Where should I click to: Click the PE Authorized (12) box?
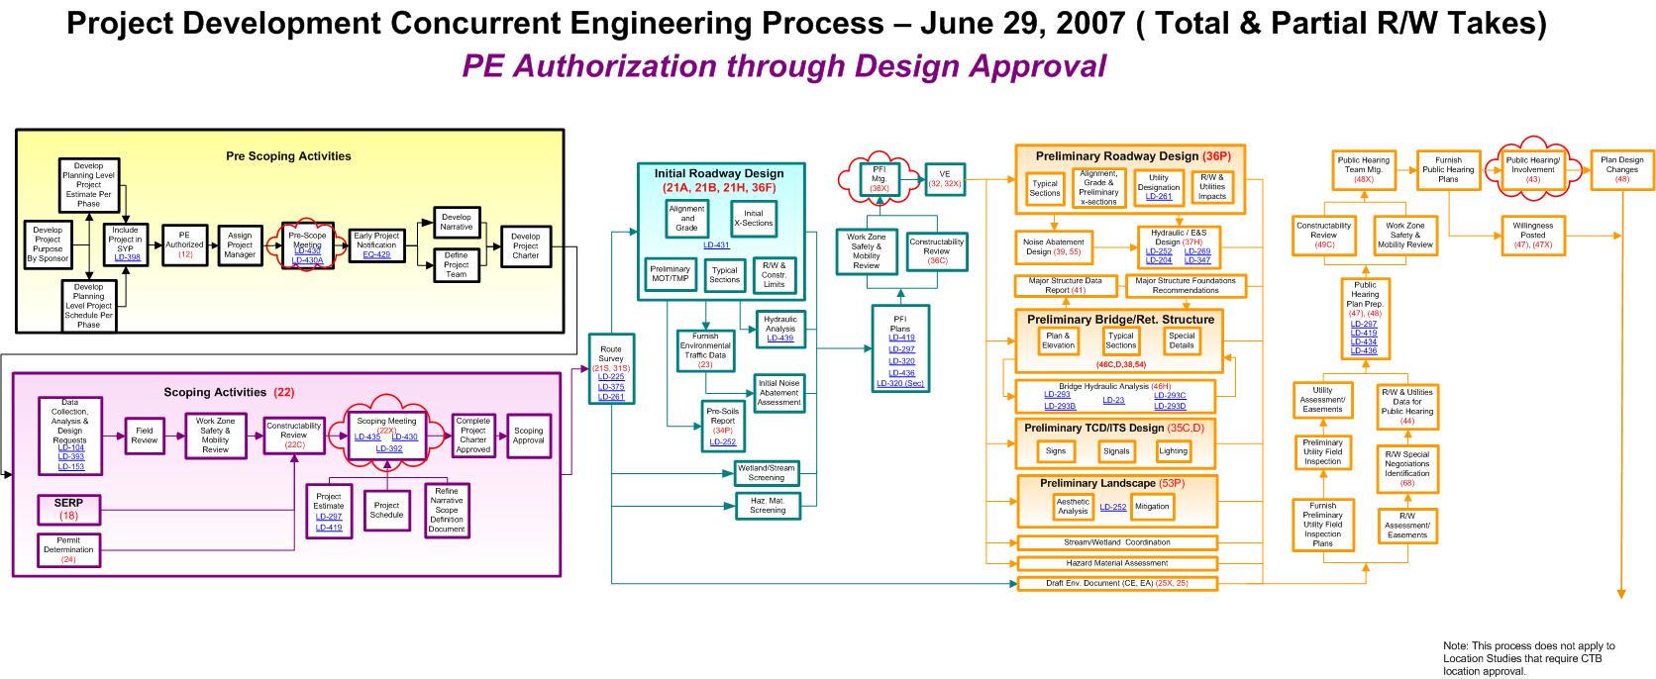click(x=184, y=244)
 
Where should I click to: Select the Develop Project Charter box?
click(x=525, y=245)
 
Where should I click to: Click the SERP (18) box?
click(x=68, y=509)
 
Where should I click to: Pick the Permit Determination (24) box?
click(x=68, y=549)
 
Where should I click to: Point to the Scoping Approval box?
click(x=528, y=436)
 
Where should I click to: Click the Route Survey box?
click(x=611, y=372)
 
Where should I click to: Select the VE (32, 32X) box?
click(x=944, y=179)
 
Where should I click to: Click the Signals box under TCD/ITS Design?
click(x=1116, y=451)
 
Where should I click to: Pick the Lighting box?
click(x=1173, y=451)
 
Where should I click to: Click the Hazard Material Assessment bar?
click(x=1117, y=563)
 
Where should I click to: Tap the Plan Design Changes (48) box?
click(x=1621, y=169)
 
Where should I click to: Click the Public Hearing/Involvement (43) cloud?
click(x=1532, y=169)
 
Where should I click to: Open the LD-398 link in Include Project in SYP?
click(x=127, y=257)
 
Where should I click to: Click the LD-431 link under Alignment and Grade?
click(x=716, y=244)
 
